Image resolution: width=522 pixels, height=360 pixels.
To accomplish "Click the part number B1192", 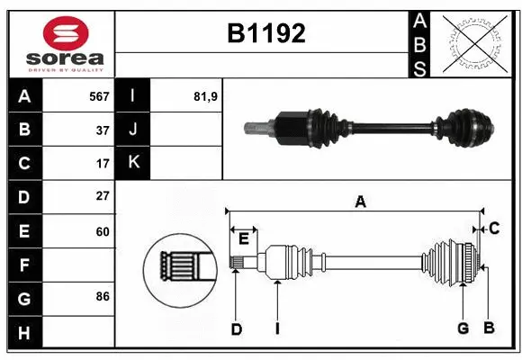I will (265, 33).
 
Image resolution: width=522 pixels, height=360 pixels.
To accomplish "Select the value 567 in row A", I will (98, 95).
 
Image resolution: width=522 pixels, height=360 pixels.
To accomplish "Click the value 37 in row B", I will (102, 130).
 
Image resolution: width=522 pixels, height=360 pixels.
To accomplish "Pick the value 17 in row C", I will (102, 164).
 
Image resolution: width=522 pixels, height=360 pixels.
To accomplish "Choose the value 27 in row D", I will (102, 196).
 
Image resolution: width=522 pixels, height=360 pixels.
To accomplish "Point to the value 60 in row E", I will (102, 231).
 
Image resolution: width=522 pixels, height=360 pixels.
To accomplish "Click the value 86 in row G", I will (102, 296).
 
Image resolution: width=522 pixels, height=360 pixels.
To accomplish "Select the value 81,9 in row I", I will (206, 95).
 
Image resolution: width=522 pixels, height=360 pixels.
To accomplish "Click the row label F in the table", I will (23, 265).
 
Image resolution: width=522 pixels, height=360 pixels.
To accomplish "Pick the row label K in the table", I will (133, 163).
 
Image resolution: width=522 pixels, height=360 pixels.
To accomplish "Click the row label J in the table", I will (133, 130).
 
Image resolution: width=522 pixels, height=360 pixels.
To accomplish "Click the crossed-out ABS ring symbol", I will (474, 43).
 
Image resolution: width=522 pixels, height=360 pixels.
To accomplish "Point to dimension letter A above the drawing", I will (360, 202).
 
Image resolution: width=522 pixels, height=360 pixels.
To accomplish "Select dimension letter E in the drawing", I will (243, 237).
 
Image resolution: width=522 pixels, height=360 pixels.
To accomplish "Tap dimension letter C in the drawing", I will (494, 229).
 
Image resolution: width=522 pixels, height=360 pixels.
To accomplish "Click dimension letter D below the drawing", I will (236, 329).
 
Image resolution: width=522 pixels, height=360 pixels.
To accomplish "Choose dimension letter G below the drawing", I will (463, 329).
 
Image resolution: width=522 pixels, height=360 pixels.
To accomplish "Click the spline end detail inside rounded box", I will (181, 268).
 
